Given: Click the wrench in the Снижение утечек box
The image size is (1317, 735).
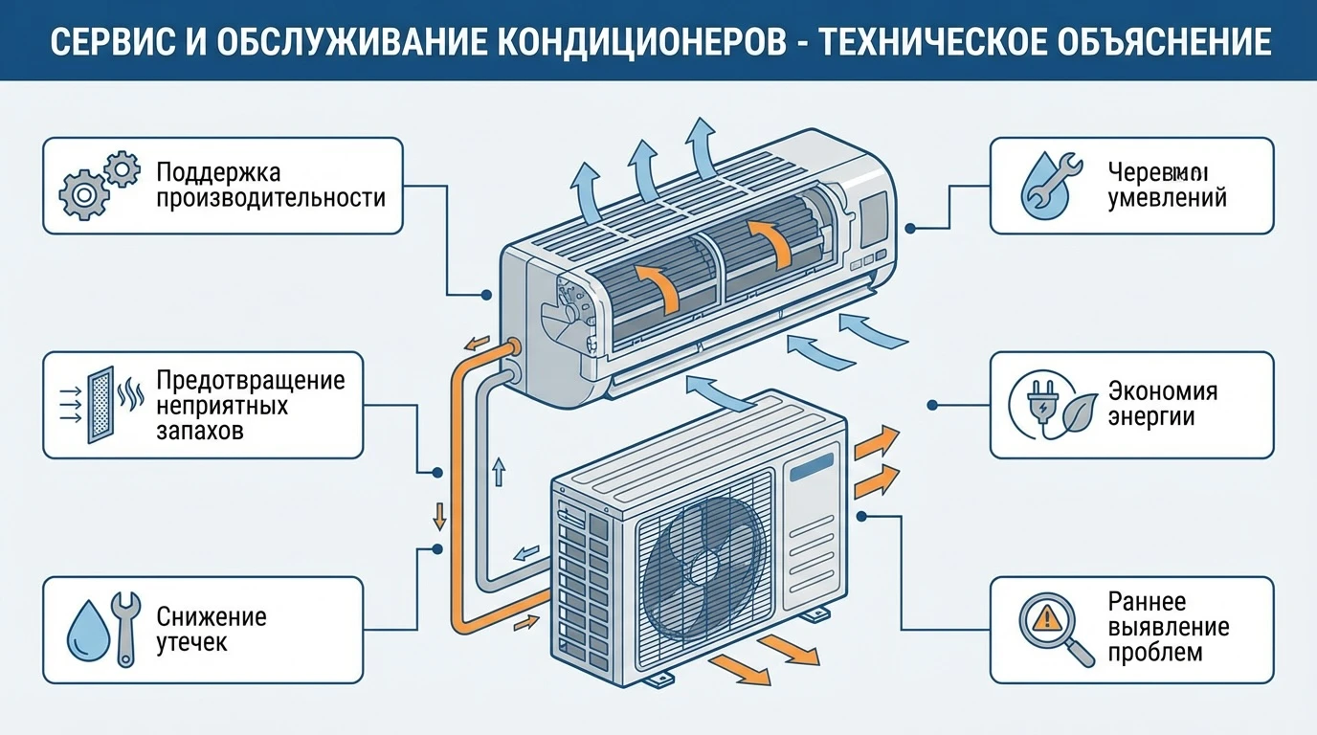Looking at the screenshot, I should point(124,629).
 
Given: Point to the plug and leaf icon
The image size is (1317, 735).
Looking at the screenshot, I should point(1052,405).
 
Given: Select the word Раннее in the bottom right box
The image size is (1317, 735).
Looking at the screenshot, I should point(1147,601).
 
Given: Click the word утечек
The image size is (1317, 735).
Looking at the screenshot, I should point(191,642).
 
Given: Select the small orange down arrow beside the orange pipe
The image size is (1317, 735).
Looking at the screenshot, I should point(440,515).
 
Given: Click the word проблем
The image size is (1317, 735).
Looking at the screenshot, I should point(1154,654).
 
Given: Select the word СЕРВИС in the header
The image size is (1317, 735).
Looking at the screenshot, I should point(100,42).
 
